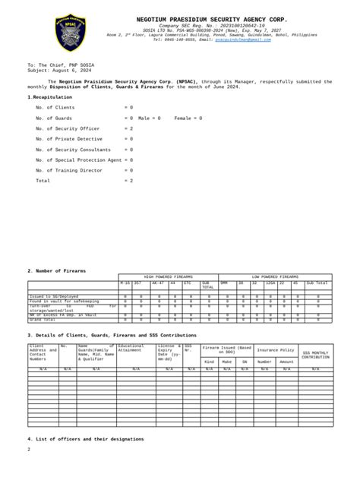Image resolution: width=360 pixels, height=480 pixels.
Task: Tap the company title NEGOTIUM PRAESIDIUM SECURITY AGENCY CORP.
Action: [212, 17]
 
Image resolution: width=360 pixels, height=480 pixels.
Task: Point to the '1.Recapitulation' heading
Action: [54, 97]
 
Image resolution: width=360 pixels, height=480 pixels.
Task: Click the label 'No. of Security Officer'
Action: [68, 129]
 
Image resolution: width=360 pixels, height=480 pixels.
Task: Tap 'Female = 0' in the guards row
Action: [188, 118]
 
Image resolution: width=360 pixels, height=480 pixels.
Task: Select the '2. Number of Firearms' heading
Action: [57, 270]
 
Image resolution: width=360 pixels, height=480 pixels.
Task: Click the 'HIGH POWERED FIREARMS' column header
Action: [169, 277]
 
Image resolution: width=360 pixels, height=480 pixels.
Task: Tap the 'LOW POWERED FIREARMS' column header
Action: [275, 277]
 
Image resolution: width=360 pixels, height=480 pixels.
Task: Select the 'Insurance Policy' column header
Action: [275, 350]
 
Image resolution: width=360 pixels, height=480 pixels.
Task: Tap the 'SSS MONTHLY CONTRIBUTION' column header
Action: [315, 355]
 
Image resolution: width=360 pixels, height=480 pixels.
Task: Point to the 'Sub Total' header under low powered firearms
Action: [317, 283]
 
